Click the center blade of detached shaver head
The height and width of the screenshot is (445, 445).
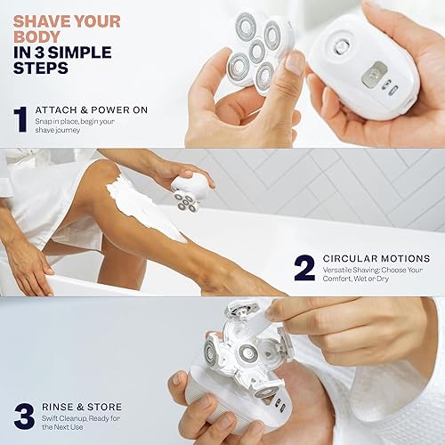pos(256,52)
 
